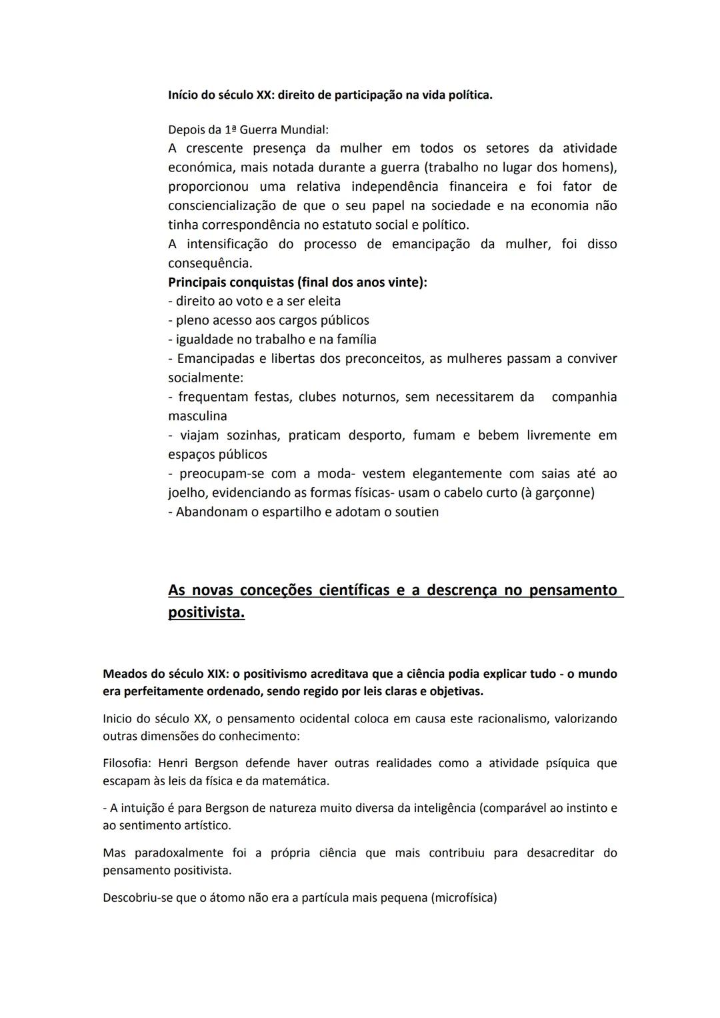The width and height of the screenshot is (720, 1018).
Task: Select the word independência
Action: click(x=395, y=186)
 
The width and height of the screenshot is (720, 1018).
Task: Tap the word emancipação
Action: click(x=431, y=244)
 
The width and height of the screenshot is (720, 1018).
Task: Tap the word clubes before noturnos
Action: click(x=317, y=398)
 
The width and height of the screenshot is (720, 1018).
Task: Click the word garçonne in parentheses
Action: click(x=563, y=493)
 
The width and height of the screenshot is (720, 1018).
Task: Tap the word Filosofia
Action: click(x=127, y=763)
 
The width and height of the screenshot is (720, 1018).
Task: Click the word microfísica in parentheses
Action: click(x=464, y=898)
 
